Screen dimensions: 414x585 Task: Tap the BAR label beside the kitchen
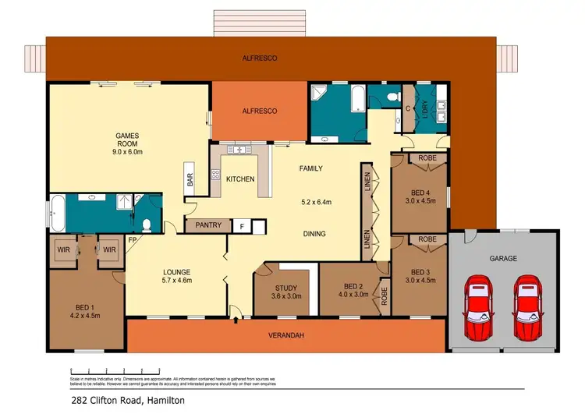(x=190, y=179)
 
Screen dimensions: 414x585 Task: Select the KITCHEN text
(x=240, y=179)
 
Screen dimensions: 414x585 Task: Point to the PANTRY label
(x=208, y=226)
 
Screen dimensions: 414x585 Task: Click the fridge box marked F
(x=243, y=226)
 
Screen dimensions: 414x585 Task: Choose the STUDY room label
(x=284, y=288)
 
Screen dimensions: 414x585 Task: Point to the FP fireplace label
(x=132, y=239)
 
